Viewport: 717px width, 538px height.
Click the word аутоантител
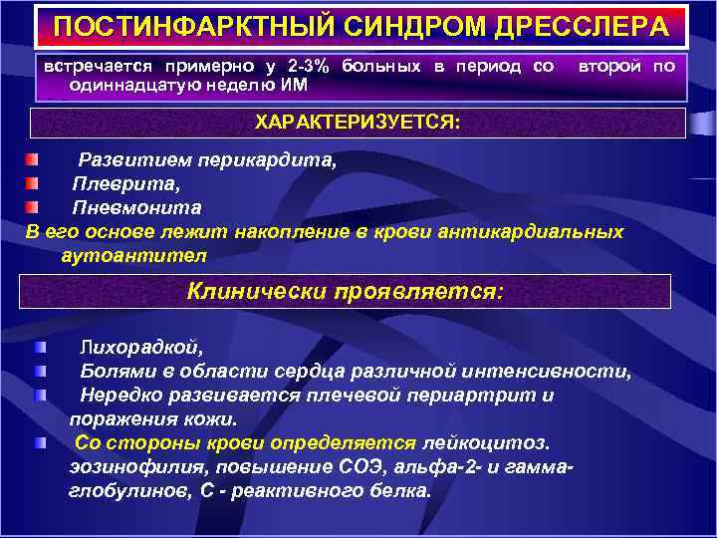133,255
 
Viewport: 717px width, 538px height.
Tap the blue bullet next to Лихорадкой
39,347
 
